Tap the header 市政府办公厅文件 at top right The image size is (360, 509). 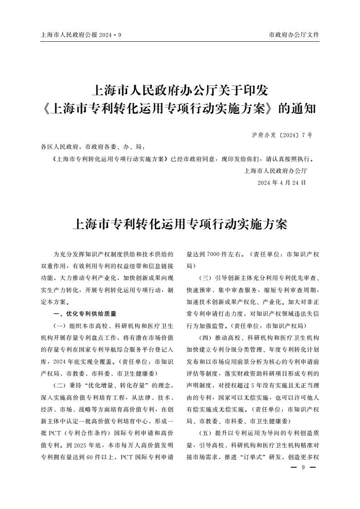tap(294, 34)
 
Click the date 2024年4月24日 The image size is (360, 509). tap(281, 182)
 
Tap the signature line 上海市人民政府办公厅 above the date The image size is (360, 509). tap(276, 171)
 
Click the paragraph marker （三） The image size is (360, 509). tap(207, 278)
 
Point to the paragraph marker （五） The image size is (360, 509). tap(207, 433)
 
